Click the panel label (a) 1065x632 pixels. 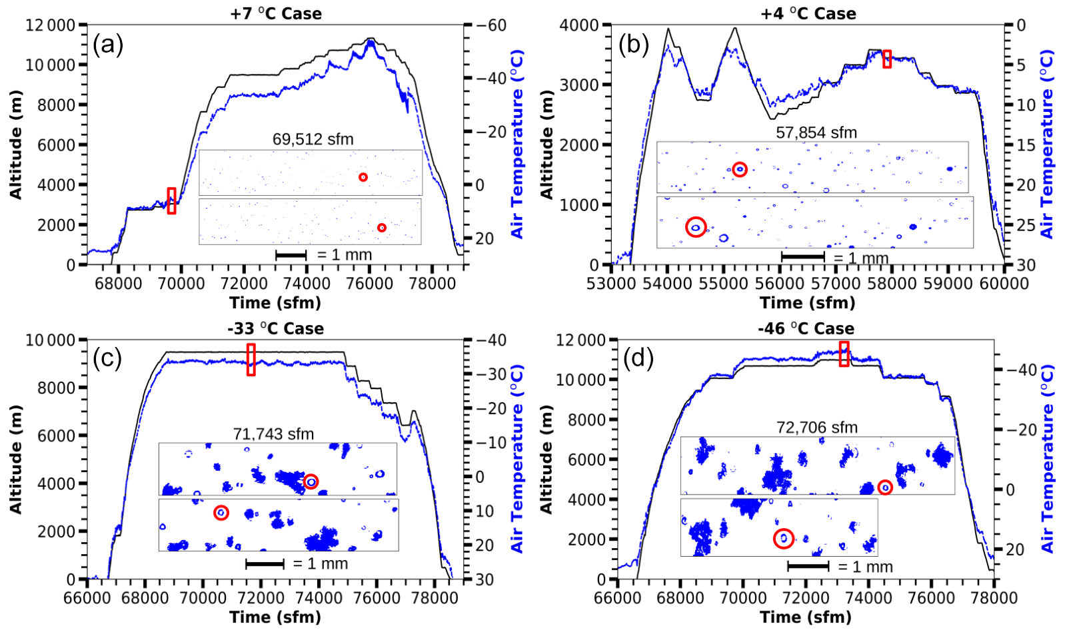pos(108,45)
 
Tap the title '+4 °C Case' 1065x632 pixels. pos(808,13)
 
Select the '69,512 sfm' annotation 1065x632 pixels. pos(313,139)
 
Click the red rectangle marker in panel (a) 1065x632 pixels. pos(172,200)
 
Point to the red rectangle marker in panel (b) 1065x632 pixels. pos(887,59)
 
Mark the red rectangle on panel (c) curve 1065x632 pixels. pos(251,360)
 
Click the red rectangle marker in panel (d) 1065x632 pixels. pos(844,354)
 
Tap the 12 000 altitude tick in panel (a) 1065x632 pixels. pos(51,25)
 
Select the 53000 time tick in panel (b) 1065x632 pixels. pos(611,283)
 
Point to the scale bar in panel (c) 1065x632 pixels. pos(265,564)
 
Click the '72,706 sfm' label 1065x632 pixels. pos(816,427)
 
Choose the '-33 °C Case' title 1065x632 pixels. pos(275,328)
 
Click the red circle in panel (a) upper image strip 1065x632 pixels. pos(363,177)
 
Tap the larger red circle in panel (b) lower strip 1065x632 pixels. pos(696,227)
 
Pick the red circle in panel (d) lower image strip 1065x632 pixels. pos(784,538)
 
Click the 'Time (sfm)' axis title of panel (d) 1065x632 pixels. pos(805,617)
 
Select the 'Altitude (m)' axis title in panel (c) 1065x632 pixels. pos(16,460)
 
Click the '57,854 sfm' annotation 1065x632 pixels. pos(816,133)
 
